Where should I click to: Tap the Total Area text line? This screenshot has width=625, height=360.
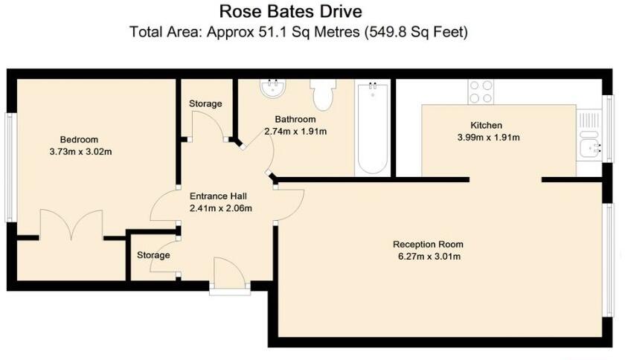[300, 32]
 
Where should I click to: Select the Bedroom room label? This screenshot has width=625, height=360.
[79, 140]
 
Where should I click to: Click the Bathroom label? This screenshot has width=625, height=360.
[295, 119]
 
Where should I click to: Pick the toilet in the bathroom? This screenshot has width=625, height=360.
[324, 94]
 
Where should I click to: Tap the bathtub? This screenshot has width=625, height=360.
[371, 128]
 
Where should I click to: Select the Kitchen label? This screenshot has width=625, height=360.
[486, 125]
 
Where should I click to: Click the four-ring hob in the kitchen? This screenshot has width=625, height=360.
[481, 91]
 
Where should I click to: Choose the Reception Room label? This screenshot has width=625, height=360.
[428, 245]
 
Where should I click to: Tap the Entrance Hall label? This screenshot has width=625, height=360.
[217, 196]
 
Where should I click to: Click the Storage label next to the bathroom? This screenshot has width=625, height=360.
[205, 104]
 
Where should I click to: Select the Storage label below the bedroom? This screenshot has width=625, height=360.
[153, 255]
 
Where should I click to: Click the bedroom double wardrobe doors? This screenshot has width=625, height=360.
[71, 224]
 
